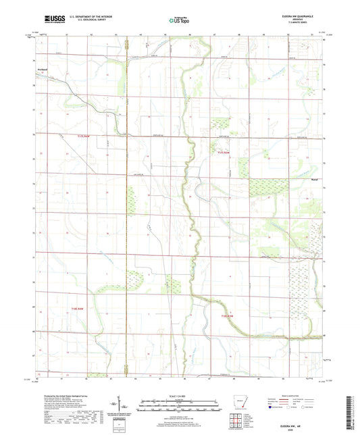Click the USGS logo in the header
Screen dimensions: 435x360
pyautogui.click(x=51, y=20)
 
